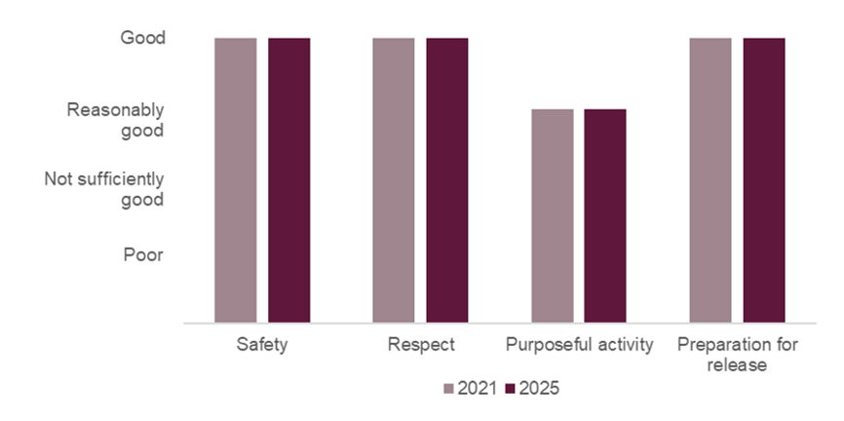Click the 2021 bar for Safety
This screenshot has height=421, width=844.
[x=236, y=179]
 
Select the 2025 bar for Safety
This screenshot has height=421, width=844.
[x=289, y=179]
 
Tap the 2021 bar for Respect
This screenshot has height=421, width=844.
[x=393, y=179]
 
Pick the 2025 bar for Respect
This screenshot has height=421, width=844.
[x=446, y=179]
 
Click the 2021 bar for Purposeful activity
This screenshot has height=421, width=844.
[x=553, y=215]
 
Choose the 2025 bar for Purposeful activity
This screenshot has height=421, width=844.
[x=605, y=215]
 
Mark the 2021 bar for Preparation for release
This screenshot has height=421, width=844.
[x=710, y=179]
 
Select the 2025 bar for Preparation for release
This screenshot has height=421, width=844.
[x=764, y=179]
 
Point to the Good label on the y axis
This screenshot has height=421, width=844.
[x=142, y=38]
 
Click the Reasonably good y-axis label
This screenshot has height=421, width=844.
[x=115, y=119]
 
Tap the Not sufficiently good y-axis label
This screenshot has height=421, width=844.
[x=104, y=190]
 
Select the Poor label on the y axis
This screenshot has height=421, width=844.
[x=143, y=254]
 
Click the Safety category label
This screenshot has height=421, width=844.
[x=262, y=346]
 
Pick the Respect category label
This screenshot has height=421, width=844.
[x=420, y=346]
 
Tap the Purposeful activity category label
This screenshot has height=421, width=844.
[x=579, y=346]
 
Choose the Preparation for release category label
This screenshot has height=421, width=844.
[x=737, y=355]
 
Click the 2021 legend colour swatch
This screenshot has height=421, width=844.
[x=449, y=388]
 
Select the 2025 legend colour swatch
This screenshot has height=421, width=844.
[x=511, y=388]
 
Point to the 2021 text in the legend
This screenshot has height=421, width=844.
[x=477, y=388]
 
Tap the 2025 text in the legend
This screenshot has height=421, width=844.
[x=539, y=388]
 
